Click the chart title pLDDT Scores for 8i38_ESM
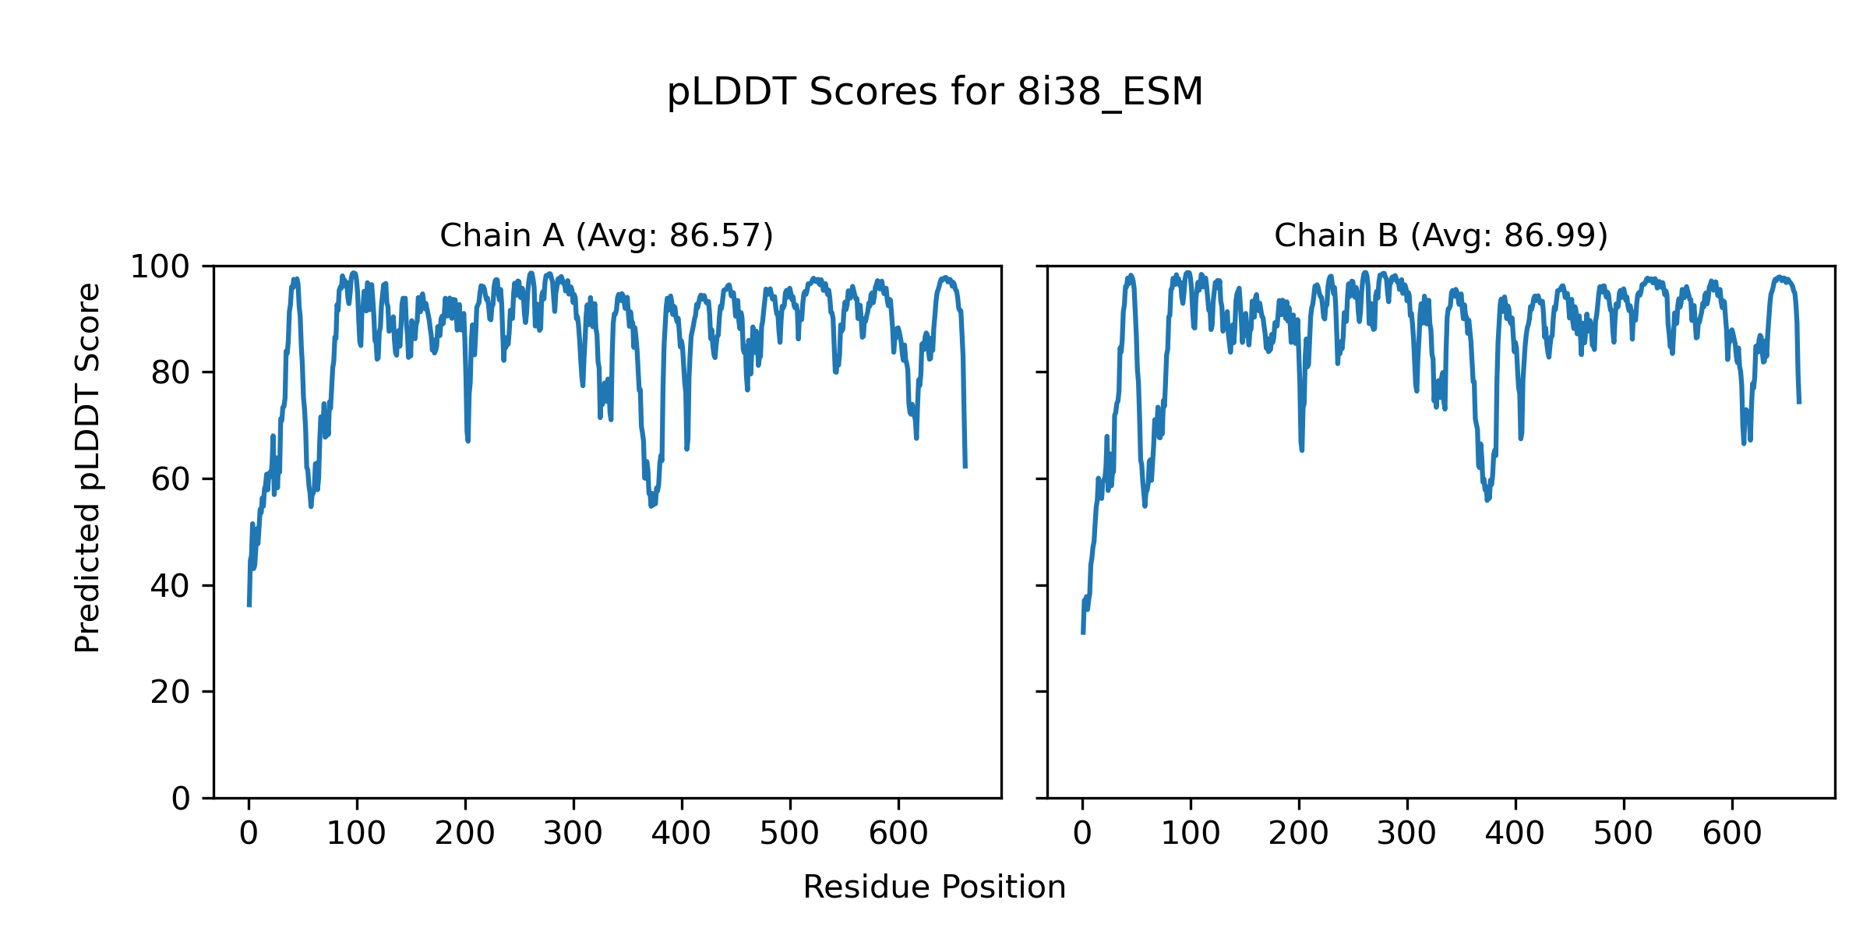pyautogui.click(x=934, y=92)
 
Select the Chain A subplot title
pyautogui.click(x=606, y=235)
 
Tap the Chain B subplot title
pyautogui.click(x=1441, y=235)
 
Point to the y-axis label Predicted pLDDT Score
pyautogui.click(x=87, y=467)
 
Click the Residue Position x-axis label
pyautogui.click(x=934, y=887)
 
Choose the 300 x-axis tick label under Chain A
pyautogui.click(x=573, y=834)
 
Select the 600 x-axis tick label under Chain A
pyautogui.click(x=898, y=834)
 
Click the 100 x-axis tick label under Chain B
pyautogui.click(x=1191, y=834)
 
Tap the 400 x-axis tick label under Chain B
pyautogui.click(x=1515, y=834)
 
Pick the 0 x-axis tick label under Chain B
pyautogui.click(x=1082, y=834)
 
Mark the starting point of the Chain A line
pyautogui.click(x=249, y=605)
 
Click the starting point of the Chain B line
pyautogui.click(x=1082, y=633)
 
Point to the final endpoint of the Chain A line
pyautogui.click(x=965, y=467)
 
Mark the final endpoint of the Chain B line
pyautogui.click(x=1799, y=403)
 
